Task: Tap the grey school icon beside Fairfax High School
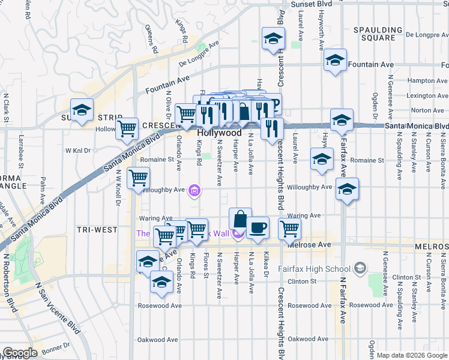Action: [x=360, y=267]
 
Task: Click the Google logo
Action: [x=20, y=353]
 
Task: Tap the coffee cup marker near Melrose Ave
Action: [x=258, y=227]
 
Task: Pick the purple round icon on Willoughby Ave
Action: [x=194, y=191]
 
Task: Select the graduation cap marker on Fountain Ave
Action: [x=335, y=60]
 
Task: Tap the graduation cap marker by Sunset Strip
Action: [x=82, y=110]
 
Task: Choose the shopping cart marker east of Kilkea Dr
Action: [x=289, y=228]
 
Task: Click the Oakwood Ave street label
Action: [x=158, y=339]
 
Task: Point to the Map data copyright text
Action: [x=412, y=355]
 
